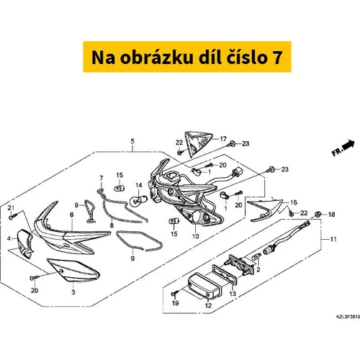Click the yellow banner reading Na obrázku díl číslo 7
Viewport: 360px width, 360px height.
click(x=187, y=57)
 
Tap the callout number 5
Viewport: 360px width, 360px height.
click(x=132, y=142)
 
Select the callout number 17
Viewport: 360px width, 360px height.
click(x=223, y=139)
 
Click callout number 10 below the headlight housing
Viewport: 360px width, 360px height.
click(x=196, y=236)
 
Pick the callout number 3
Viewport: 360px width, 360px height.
click(x=73, y=292)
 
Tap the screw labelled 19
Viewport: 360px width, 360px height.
click(x=174, y=293)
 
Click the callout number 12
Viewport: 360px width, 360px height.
click(x=208, y=305)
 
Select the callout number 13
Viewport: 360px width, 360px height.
click(x=233, y=294)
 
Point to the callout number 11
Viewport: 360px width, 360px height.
click(x=333, y=239)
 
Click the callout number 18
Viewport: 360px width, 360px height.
click(x=331, y=215)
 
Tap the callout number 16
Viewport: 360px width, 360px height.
click(x=294, y=202)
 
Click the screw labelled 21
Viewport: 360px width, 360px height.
click(x=12, y=217)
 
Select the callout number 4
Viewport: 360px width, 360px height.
click(x=9, y=238)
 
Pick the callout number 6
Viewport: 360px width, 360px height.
click(x=72, y=215)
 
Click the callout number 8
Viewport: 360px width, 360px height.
click(x=112, y=225)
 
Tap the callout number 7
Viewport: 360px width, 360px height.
click(x=102, y=178)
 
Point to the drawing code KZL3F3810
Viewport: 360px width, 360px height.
click(x=348, y=317)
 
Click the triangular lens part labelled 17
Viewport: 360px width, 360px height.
click(x=197, y=143)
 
